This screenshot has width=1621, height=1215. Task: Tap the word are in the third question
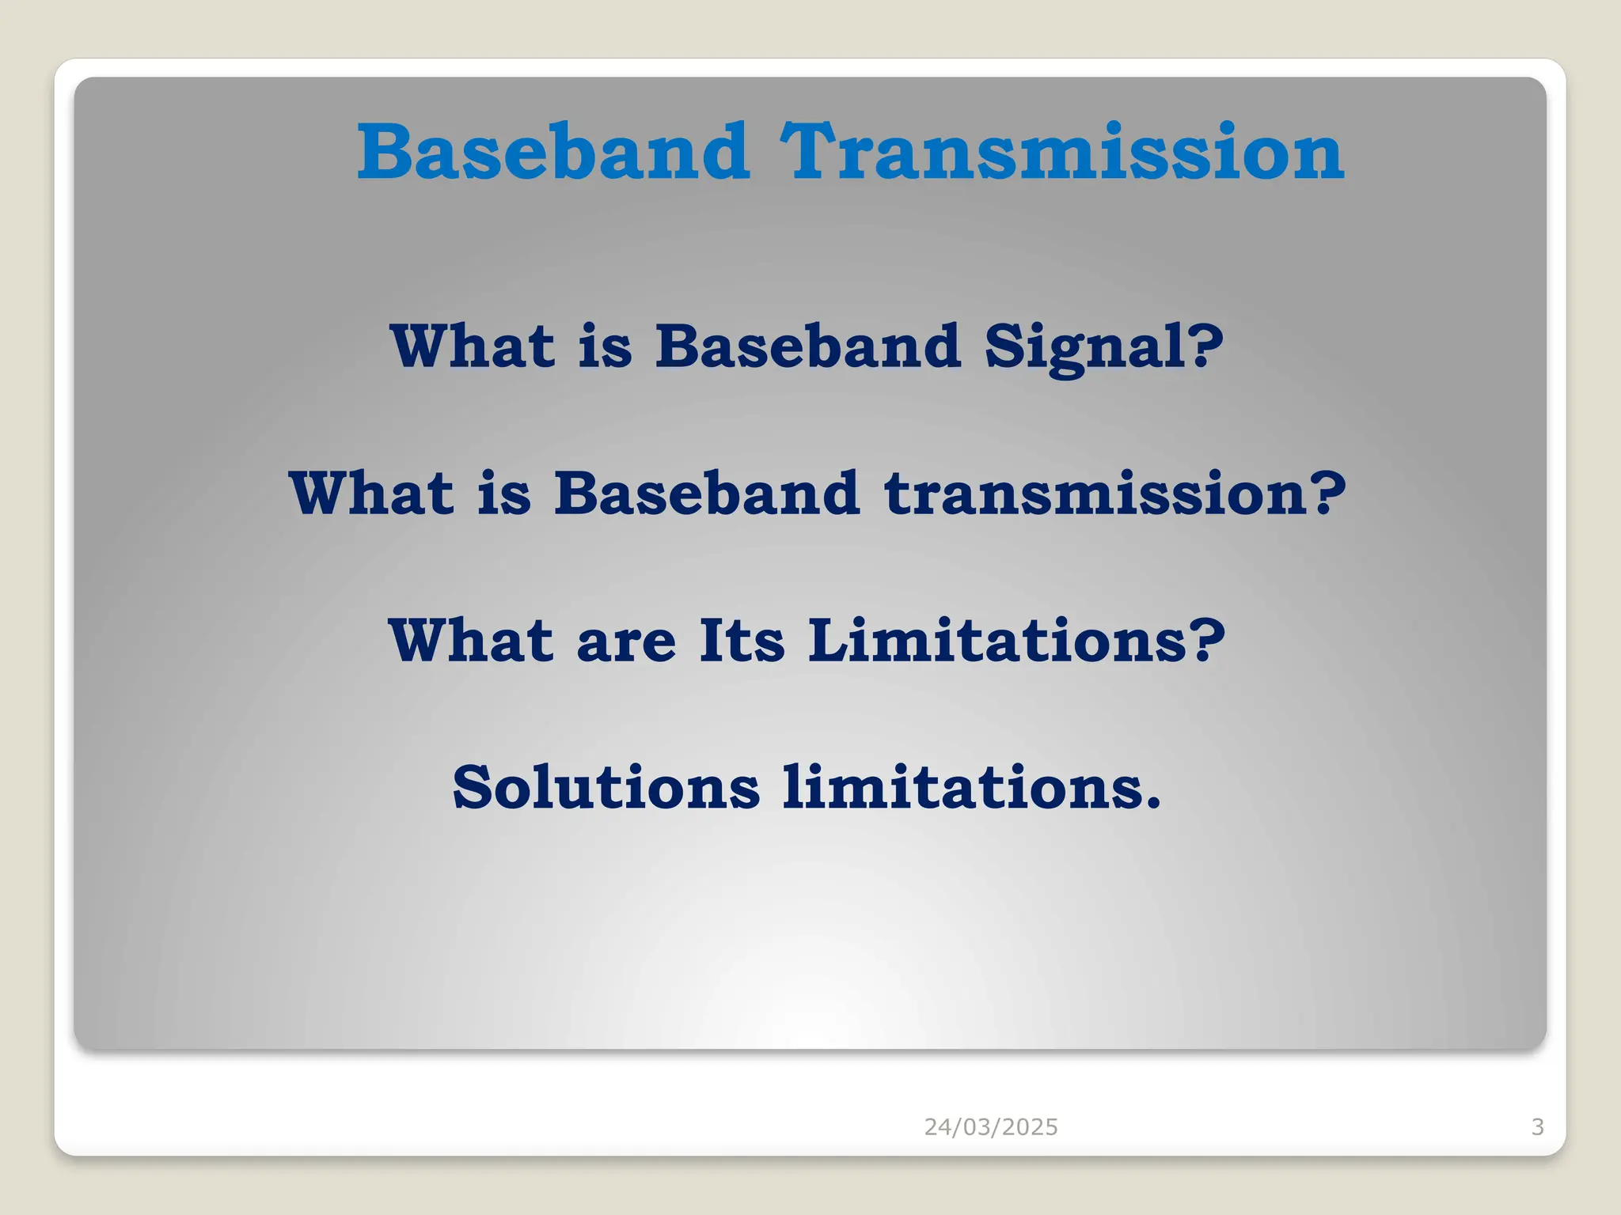[x=626, y=641]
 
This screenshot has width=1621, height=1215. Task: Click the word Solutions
[x=606, y=788]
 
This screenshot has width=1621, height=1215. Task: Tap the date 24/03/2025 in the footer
[x=991, y=1126]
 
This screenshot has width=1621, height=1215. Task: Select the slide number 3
[x=1537, y=1126]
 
